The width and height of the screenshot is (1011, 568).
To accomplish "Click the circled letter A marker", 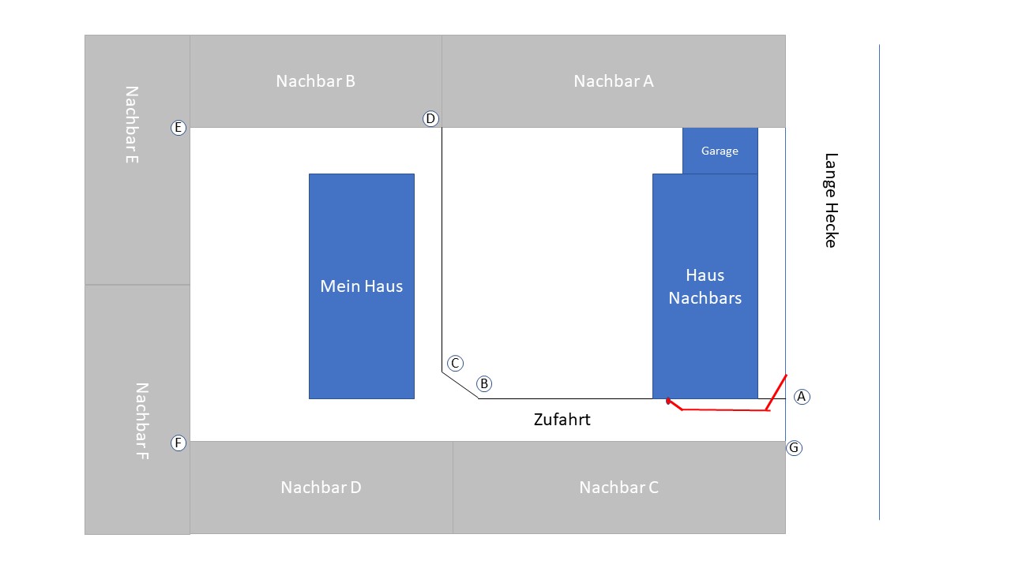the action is coord(802,397).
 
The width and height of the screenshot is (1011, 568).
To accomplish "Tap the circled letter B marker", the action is coord(484,383).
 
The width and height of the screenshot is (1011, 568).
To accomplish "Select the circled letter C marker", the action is coord(455,363).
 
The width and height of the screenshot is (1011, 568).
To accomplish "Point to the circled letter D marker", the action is coord(430,118).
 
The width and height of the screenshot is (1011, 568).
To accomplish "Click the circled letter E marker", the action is coord(179,128).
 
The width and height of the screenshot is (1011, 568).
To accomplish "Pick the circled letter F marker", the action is coord(179,443).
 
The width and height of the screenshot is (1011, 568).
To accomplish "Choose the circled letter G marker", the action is coord(794,447).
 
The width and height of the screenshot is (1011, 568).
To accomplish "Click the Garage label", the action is coord(720,151).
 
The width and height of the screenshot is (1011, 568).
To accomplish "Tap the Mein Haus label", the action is coord(361,286).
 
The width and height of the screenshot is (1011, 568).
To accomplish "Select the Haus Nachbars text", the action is coord(705,286).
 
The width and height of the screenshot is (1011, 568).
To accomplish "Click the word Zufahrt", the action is coord(562,420).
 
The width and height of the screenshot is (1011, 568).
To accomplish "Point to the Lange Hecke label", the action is coord(831,200).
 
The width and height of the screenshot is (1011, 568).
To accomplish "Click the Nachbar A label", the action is coord(614,81).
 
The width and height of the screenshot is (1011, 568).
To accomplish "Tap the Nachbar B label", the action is coord(315,81).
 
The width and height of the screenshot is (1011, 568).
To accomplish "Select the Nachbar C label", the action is coord(618,488).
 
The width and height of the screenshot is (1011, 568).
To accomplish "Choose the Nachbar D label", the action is coord(321,488).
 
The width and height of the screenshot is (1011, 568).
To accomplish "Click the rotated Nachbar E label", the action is coord(131,125).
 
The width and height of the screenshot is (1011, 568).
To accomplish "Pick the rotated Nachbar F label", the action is coord(141,421).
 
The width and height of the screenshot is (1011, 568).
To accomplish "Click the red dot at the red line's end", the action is coord(668,401).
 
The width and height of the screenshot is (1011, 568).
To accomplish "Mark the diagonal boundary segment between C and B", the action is coord(460,386).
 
